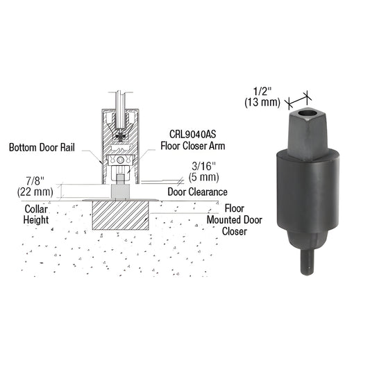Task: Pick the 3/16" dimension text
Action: (205, 167)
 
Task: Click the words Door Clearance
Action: (198, 192)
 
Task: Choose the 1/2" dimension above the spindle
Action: (260, 91)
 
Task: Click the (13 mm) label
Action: (262, 102)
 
